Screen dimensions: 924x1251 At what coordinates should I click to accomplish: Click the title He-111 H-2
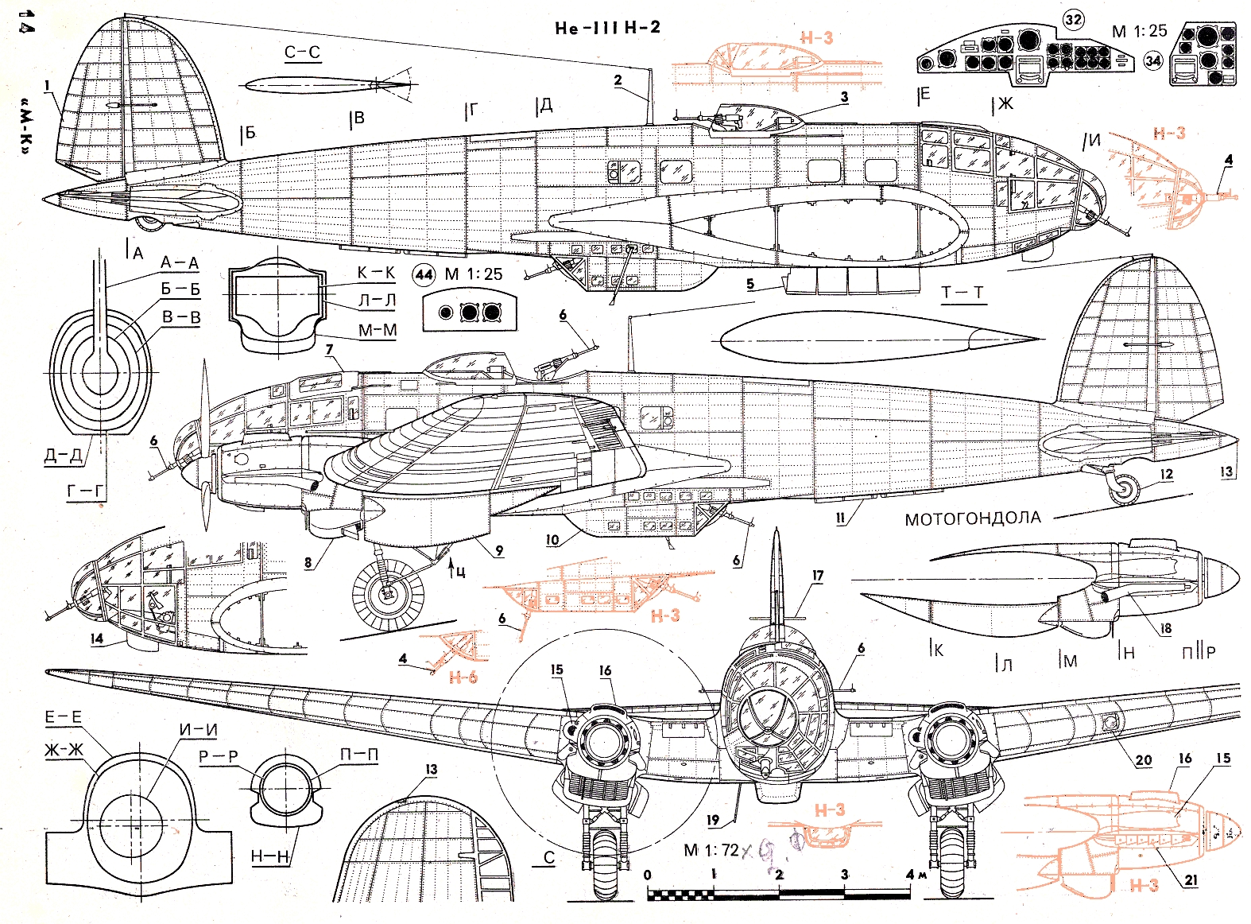(x=607, y=28)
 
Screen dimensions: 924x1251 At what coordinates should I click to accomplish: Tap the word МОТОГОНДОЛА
(x=972, y=519)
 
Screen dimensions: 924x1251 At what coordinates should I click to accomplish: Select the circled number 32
(x=1073, y=20)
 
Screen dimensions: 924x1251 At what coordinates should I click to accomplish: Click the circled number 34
(x=1152, y=60)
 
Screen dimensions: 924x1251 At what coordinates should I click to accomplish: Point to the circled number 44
(x=424, y=275)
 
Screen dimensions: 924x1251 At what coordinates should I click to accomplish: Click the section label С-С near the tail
(x=302, y=53)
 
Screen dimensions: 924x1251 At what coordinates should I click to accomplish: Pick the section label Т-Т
(x=962, y=293)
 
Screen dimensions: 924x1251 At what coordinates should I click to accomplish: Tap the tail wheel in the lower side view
(x=1122, y=487)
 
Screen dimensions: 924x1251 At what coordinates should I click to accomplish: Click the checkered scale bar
(x=779, y=895)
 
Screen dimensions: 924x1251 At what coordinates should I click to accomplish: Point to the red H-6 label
(x=463, y=677)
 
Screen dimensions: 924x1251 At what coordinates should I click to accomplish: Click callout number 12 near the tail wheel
(x=1166, y=475)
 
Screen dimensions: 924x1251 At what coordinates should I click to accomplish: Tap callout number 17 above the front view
(x=818, y=576)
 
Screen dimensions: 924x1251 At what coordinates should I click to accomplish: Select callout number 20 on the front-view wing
(x=1143, y=760)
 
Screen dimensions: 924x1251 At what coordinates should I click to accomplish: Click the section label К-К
(x=375, y=273)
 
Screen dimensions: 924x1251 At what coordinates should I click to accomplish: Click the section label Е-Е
(x=63, y=718)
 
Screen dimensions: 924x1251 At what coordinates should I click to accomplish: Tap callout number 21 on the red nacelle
(x=1191, y=879)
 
